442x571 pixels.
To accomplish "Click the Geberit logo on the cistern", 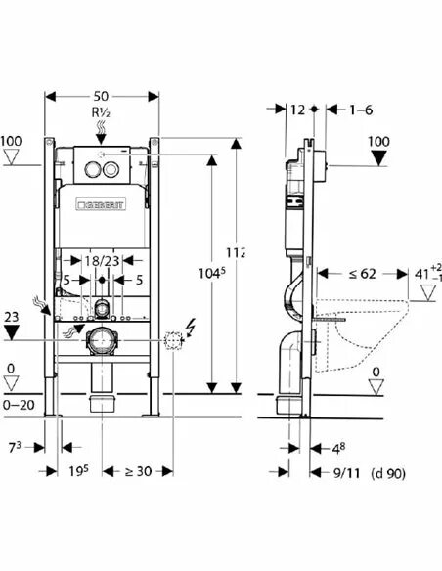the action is pyautogui.click(x=101, y=204).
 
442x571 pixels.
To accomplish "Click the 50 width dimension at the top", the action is pyautogui.click(x=101, y=96).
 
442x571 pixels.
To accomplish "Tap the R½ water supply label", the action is pyautogui.click(x=101, y=112).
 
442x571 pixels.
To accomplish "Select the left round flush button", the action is pyautogui.click(x=92, y=169).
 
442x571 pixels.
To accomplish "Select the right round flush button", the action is pyautogui.click(x=110, y=169).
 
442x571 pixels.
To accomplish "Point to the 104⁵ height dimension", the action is pyautogui.click(x=212, y=273).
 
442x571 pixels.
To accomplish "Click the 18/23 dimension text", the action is pyautogui.click(x=102, y=261).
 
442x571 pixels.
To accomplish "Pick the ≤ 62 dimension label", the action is pyautogui.click(x=362, y=274).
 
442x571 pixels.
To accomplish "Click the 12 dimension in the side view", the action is pyautogui.click(x=297, y=110).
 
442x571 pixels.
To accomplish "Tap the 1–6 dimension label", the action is pyautogui.click(x=361, y=110).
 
